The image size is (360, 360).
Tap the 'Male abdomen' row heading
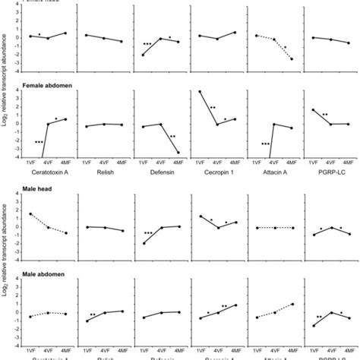[46, 278]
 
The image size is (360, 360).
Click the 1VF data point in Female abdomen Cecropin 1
[200, 92]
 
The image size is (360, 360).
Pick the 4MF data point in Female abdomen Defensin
[178, 153]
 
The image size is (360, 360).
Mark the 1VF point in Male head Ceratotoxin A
[30, 214]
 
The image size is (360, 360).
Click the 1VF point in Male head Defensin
[143, 243]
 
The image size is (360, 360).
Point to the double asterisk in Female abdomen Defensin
[172, 137]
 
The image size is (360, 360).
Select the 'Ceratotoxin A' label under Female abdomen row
[47, 172]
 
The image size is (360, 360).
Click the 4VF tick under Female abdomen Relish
[104, 163]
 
